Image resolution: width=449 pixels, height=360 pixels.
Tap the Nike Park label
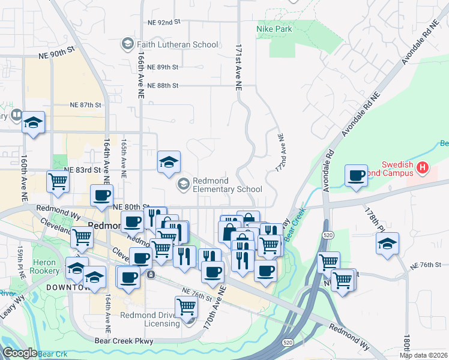(274, 29)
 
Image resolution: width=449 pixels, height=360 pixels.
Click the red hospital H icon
(424, 169)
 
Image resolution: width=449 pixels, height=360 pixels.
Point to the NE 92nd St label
(164, 22)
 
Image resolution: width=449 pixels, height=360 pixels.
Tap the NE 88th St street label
(163, 86)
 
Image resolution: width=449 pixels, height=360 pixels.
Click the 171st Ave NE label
(238, 66)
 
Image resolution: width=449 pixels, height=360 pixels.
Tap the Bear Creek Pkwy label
(124, 341)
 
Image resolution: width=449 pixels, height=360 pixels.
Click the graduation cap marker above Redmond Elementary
(169, 161)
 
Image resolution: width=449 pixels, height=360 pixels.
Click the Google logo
(20, 353)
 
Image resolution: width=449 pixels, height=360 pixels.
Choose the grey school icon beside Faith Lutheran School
(127, 44)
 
